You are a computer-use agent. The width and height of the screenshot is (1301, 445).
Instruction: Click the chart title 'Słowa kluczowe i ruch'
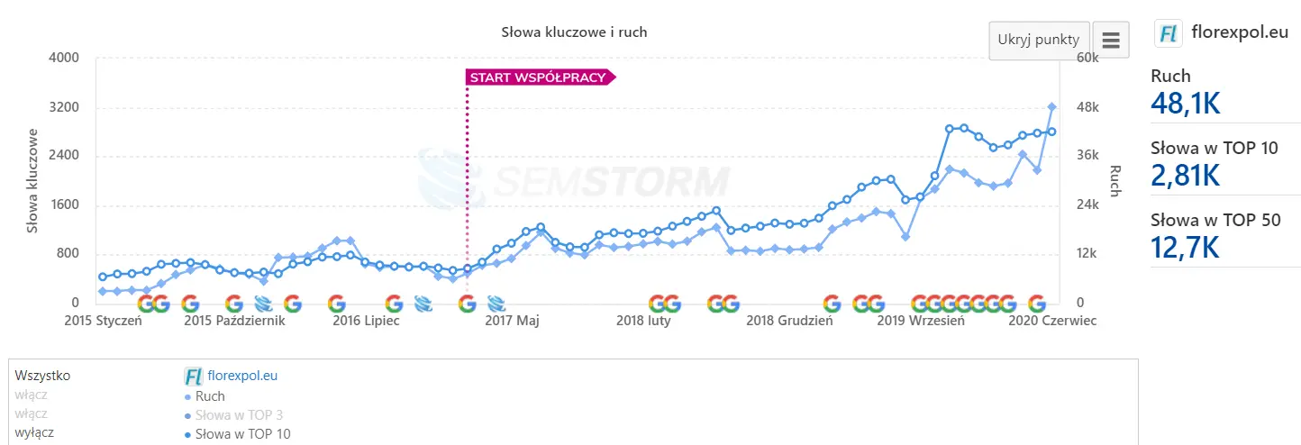tap(574, 32)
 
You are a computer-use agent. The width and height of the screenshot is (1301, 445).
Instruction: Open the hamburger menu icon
tap(1110, 41)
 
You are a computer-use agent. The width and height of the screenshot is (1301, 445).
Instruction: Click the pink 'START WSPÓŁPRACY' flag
tap(539, 77)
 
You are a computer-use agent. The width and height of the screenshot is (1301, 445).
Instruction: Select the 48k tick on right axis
tap(1088, 107)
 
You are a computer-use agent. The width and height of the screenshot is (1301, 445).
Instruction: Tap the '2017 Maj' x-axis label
tap(512, 321)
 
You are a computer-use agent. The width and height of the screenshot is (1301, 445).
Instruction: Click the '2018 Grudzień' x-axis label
tap(789, 321)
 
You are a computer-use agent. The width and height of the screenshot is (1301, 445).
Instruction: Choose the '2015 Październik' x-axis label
tap(234, 321)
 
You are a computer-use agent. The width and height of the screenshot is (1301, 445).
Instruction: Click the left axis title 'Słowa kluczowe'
tap(32, 180)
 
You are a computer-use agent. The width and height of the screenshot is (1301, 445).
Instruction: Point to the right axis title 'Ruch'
tap(1114, 180)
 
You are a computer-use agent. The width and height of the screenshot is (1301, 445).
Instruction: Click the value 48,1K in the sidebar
tap(1185, 104)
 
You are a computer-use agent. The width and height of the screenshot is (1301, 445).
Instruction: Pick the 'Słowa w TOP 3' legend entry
tap(239, 415)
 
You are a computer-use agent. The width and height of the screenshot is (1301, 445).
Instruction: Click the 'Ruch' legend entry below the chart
tap(210, 395)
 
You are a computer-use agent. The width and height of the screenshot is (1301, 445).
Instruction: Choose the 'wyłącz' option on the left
tap(34, 432)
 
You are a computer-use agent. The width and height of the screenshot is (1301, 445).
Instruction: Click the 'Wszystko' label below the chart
tap(42, 376)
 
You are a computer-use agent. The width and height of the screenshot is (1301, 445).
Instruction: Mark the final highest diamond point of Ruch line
tap(1051, 106)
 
